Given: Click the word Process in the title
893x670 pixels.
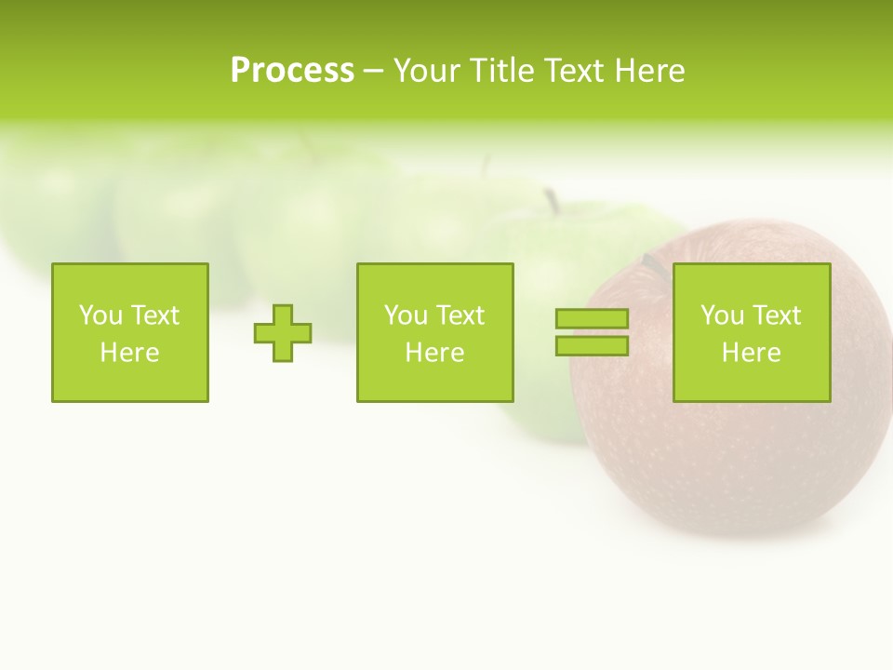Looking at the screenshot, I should pos(292,71).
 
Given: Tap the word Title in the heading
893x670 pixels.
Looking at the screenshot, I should pos(500,71).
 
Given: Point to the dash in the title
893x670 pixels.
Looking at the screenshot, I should pos(373,72).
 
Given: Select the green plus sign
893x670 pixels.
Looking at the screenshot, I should pos(283,332).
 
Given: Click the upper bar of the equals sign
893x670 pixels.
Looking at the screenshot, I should pos(592,319).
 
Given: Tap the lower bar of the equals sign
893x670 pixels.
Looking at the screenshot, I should pos(592,345).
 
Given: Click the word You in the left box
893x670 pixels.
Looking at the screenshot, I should pos(100,315).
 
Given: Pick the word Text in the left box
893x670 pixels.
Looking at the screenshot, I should pos(154,315).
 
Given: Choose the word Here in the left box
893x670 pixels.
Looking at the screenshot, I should pos(129,353).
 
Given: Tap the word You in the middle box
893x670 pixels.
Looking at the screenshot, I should pos(406,315).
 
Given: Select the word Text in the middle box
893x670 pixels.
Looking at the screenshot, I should pos(460,315).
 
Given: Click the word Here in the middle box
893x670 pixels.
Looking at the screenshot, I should pos(434,353).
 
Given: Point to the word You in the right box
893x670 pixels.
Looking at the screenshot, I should pos(722,315).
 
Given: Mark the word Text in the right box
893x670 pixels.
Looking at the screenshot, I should pos(776,315).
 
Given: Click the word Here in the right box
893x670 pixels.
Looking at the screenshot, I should pos(751,353).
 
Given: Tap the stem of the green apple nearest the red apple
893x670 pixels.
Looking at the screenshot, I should pos(552,200).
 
